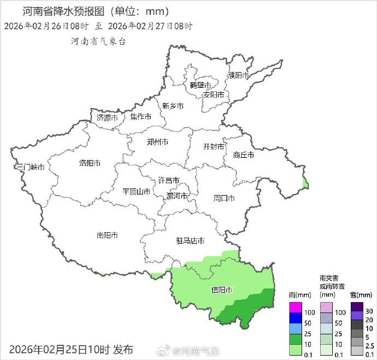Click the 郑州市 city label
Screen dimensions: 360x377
(x=157, y=142)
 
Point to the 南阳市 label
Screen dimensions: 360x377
(x=107, y=235)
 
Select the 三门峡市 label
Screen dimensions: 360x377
(x=30, y=167)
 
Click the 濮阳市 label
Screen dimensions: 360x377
(x=239, y=75)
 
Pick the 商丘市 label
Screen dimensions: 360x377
(x=243, y=155)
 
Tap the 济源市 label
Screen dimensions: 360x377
(x=107, y=117)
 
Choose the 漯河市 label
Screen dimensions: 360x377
(x=177, y=196)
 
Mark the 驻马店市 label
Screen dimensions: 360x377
(x=190, y=240)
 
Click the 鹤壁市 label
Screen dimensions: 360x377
(x=201, y=85)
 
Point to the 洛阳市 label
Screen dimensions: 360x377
(x=90, y=163)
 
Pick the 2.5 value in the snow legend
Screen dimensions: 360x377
(x=368, y=345)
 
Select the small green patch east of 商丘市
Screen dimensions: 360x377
(x=305, y=182)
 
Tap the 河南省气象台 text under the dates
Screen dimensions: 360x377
(x=98, y=42)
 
